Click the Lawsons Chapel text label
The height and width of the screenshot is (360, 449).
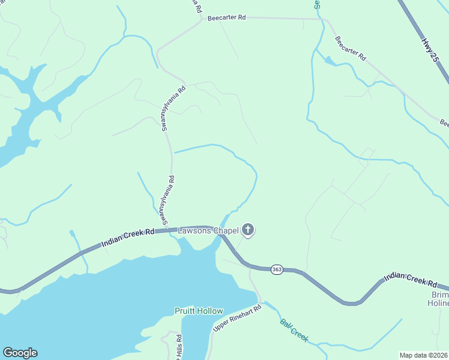click(208, 230)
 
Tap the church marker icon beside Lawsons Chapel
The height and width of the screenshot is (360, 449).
click(248, 230)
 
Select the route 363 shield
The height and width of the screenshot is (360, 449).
click(277, 270)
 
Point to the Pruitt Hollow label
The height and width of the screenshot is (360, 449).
click(199, 311)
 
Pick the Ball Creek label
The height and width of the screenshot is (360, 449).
click(294, 330)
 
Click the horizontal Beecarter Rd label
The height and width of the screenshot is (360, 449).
click(227, 18)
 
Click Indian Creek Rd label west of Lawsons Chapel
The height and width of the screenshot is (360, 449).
click(128, 237)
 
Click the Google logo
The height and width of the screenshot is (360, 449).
click(20, 353)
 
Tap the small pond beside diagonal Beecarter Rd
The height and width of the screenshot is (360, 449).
click(329, 60)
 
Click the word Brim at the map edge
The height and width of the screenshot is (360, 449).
click(440, 295)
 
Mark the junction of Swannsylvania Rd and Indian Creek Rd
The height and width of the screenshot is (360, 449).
click(172, 231)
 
